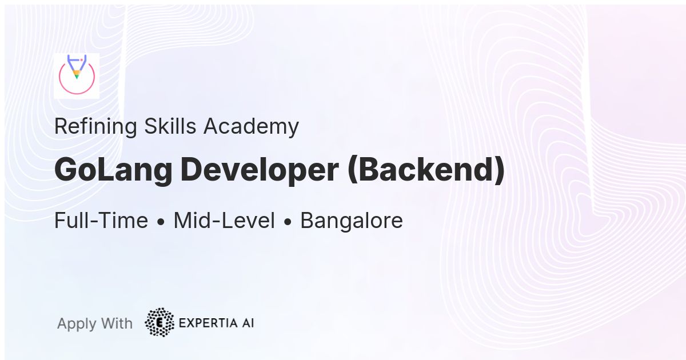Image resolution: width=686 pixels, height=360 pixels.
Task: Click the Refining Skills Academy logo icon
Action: coord(77,76)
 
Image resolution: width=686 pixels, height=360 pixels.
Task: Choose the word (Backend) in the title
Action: coord(426,170)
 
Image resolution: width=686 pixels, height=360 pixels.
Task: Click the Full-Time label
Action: coord(101,221)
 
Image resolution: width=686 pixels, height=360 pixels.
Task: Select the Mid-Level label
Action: coord(224,221)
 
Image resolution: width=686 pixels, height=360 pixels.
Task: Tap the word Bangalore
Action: coord(351,221)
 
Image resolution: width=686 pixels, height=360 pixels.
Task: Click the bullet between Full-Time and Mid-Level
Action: coord(161,222)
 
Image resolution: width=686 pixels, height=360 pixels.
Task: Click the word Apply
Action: coord(77,324)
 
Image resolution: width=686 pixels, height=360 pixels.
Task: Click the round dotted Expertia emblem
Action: coord(159,322)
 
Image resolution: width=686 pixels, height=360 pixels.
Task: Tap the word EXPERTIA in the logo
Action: coord(206,323)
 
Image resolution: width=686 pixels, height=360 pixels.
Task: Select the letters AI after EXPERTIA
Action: coord(246,323)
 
